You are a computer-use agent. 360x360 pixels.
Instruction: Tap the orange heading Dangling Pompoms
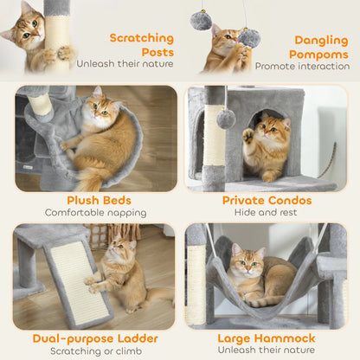coord(321,46)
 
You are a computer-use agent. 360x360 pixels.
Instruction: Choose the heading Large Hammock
coord(266,337)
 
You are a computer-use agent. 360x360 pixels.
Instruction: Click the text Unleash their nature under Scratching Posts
coord(125,63)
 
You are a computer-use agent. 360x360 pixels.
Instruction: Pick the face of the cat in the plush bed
coord(100,110)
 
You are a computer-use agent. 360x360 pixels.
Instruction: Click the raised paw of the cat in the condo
coord(247,136)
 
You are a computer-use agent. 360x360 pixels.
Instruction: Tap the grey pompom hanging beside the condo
coord(226,119)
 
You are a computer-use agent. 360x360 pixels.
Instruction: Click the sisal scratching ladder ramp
coord(83,282)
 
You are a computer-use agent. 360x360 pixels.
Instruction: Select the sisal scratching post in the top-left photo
coord(57,39)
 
